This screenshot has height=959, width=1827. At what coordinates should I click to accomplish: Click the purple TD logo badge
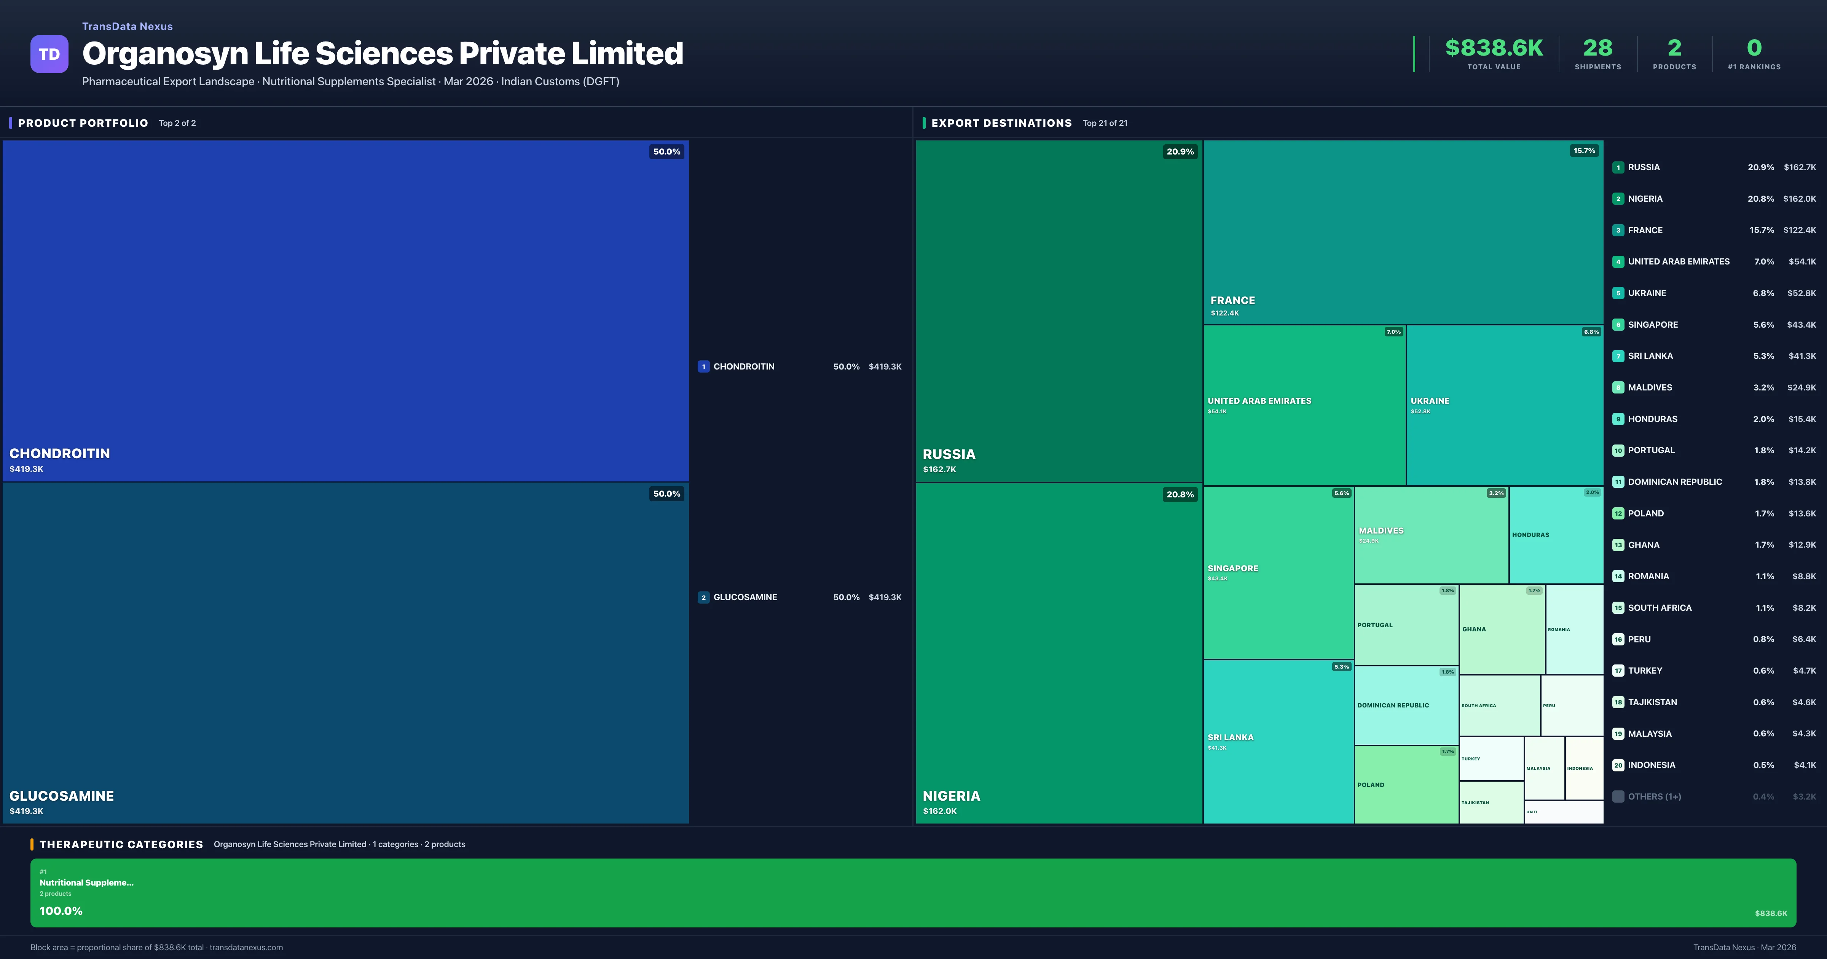pyautogui.click(x=49, y=54)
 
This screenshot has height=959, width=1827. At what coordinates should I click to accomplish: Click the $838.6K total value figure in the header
pyautogui.click(x=1494, y=48)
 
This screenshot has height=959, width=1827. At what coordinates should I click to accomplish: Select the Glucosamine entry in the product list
pyautogui.click(x=745, y=597)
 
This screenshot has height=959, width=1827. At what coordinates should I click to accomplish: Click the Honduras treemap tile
pyautogui.click(x=1555, y=534)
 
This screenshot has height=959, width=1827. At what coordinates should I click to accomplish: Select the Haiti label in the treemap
pyautogui.click(x=1532, y=812)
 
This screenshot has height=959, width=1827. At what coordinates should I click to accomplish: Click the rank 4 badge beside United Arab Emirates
pyautogui.click(x=1618, y=262)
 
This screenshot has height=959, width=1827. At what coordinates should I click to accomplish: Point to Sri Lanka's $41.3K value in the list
pyautogui.click(x=1801, y=356)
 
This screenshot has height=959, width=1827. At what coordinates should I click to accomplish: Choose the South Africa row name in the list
pyautogui.click(x=1660, y=608)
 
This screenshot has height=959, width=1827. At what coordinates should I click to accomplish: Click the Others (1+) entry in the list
pyautogui.click(x=1654, y=797)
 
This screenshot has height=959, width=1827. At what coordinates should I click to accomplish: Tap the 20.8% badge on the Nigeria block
pyautogui.click(x=1180, y=494)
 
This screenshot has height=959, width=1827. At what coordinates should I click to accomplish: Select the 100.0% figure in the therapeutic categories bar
pyautogui.click(x=61, y=911)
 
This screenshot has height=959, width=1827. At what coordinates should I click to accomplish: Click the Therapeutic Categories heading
pyautogui.click(x=121, y=844)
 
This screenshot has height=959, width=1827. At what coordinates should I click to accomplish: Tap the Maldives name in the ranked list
pyautogui.click(x=1650, y=387)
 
